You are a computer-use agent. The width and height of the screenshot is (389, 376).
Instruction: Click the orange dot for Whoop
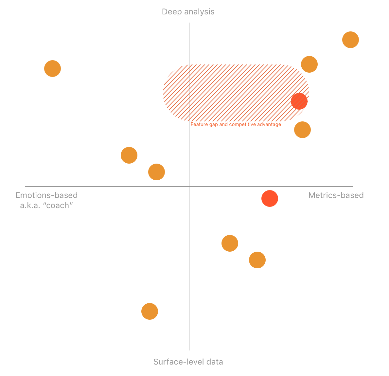pyautogui.click(x=52, y=68)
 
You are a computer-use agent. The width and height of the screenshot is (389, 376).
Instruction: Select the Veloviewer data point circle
pyautogui.click(x=350, y=40)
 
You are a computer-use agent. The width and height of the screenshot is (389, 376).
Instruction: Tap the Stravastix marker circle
pyautogui.click(x=309, y=64)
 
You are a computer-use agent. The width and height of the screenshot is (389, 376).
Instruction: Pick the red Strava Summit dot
pyautogui.click(x=299, y=101)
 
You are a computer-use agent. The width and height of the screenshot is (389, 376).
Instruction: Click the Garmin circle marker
pyautogui.click(x=302, y=130)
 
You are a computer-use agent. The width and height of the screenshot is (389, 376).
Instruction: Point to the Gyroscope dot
pyautogui.click(x=129, y=155)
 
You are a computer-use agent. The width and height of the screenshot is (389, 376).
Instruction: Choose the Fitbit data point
pyautogui.click(x=156, y=172)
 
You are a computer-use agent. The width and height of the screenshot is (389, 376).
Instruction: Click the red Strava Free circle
pyautogui.click(x=270, y=198)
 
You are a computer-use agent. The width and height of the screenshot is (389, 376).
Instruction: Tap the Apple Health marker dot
pyautogui.click(x=230, y=243)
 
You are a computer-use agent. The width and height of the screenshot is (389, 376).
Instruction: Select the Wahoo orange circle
pyautogui.click(x=257, y=260)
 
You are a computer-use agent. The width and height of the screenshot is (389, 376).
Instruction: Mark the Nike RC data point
pyautogui.click(x=150, y=311)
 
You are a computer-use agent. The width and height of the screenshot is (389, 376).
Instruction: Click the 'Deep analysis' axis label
pyautogui.click(x=188, y=12)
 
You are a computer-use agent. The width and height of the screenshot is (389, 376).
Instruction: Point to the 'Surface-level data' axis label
pyautogui.click(x=188, y=362)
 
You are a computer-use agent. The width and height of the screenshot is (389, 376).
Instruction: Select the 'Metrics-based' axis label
pyautogui.click(x=336, y=195)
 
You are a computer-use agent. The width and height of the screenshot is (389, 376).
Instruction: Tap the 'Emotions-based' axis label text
pyautogui.click(x=46, y=195)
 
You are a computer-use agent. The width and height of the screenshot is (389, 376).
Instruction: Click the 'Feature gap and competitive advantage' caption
pyautogui.click(x=236, y=124)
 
